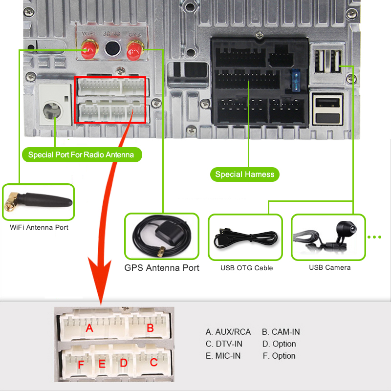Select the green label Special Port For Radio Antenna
point(81,155)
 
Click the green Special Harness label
point(245,174)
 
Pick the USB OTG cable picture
point(245,237)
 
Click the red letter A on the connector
point(89,328)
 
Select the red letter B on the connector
point(151,328)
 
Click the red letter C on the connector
point(153,363)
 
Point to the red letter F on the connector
point(81,364)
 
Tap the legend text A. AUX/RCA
point(228,332)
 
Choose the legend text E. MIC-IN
point(223,356)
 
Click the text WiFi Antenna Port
point(39,227)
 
